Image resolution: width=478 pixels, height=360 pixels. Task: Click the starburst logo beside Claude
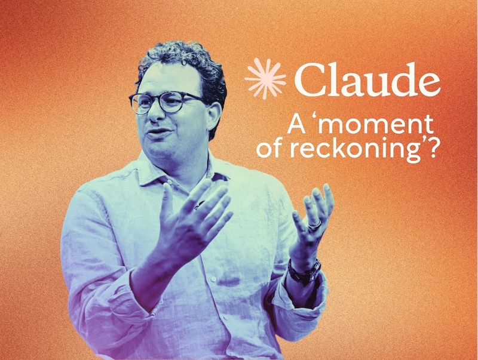[265, 79]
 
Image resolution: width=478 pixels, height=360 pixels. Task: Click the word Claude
[367, 79]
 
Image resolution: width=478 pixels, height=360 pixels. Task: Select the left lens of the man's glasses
[141, 103]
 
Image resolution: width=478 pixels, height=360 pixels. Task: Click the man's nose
[155, 113]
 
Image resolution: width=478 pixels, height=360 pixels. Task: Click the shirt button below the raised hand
[214, 279]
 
